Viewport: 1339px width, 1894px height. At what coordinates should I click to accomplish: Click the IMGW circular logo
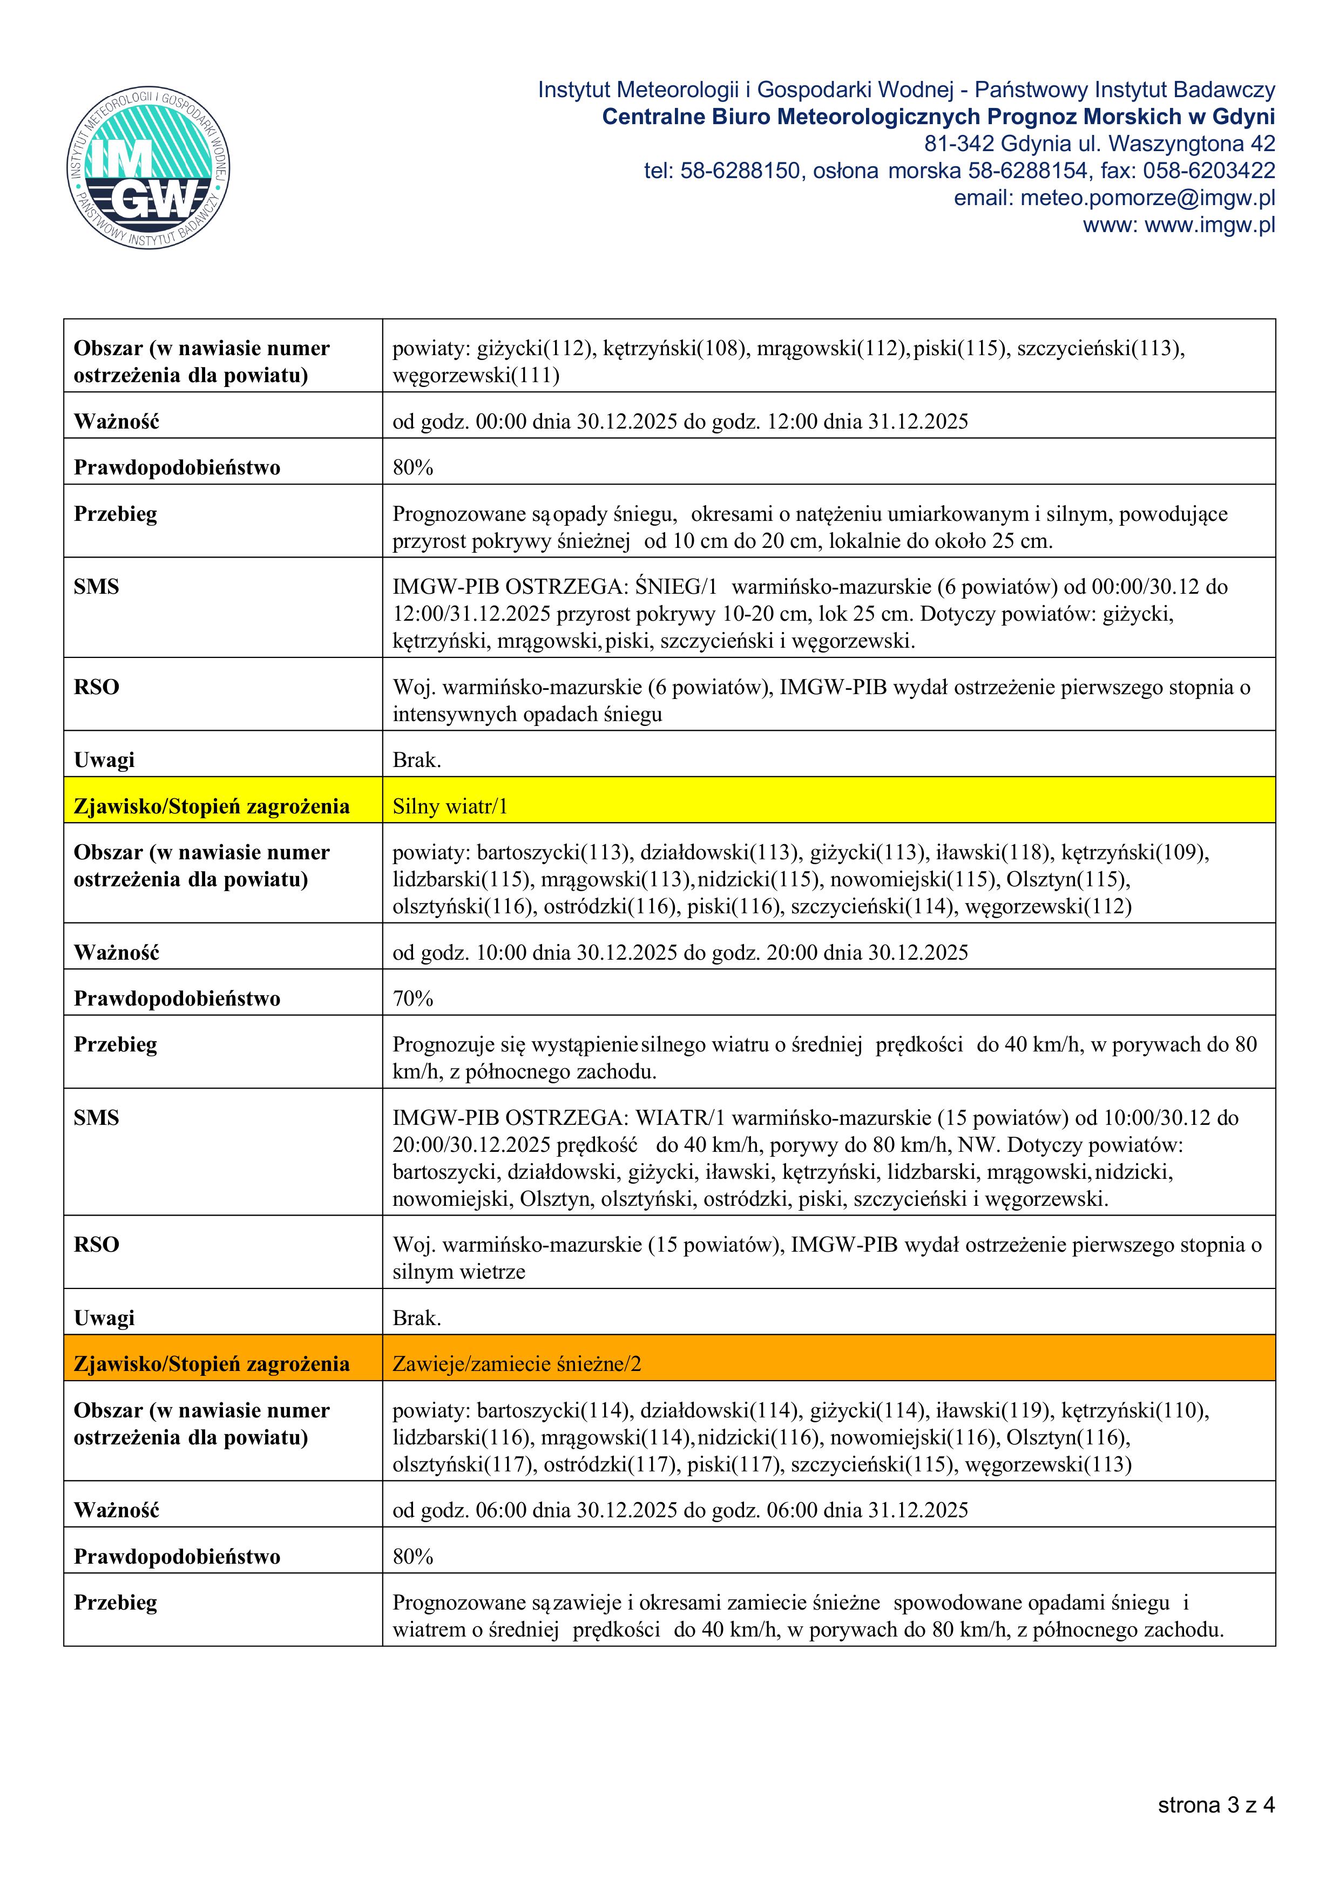[148, 169]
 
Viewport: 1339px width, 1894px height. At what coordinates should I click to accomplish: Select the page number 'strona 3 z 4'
[1216, 1805]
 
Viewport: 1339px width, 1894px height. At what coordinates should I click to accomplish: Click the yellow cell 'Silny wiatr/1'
[450, 807]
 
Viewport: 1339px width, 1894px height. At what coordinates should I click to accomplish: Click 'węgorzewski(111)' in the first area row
[476, 376]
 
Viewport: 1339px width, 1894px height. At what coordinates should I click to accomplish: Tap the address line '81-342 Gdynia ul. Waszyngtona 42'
[1099, 144]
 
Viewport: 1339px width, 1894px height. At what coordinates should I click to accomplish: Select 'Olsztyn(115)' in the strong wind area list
[1067, 879]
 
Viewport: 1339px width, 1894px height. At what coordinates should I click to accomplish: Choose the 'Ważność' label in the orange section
[116, 1510]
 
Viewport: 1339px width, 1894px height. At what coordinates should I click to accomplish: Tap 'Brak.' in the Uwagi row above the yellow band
[417, 761]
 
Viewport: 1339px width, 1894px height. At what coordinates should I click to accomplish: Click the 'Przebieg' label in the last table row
[116, 1603]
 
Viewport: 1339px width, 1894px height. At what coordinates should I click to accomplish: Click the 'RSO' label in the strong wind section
[97, 1245]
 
